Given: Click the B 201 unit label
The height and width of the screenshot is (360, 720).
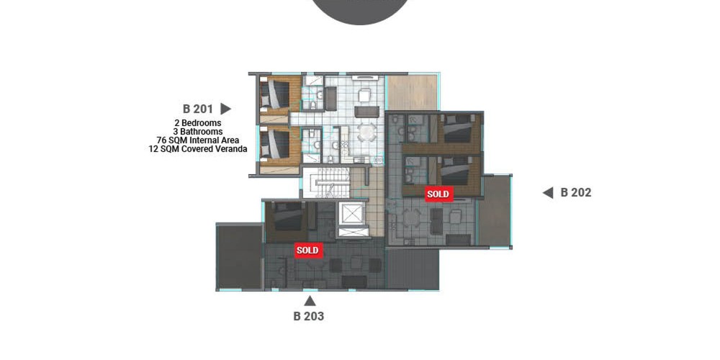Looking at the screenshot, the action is point(198,109).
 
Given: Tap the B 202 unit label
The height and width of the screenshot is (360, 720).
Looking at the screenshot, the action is point(576,193).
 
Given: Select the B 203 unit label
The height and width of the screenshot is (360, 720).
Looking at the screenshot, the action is point(309,316).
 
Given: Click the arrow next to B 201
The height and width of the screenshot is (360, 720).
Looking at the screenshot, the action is point(225,109).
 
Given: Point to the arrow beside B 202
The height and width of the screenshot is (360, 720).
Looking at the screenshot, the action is point(548,193).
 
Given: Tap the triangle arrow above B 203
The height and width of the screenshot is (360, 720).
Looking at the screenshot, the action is point(310,301).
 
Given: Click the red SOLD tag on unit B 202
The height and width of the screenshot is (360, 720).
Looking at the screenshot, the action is point(438,194).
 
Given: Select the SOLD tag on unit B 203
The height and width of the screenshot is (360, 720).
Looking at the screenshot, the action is point(307,251).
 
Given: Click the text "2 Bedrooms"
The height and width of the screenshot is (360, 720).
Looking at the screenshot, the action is point(197,123).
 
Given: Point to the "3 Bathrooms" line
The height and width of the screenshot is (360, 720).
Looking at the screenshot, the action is point(198,132).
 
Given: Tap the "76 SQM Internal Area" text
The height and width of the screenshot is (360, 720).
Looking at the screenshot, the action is point(198,140).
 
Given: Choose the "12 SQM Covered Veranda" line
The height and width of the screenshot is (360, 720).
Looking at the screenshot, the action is point(198,149).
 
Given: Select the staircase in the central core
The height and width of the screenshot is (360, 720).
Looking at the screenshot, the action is point(325,183).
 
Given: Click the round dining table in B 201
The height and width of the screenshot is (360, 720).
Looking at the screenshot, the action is point(366,132).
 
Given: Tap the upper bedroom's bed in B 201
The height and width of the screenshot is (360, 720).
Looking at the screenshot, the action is point(275,94).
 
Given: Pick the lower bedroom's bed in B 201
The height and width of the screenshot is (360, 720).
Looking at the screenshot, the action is point(275,144).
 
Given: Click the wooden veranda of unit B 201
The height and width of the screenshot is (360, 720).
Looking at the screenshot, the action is point(413,92).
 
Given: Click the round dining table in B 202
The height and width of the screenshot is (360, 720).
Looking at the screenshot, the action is point(412,218).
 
